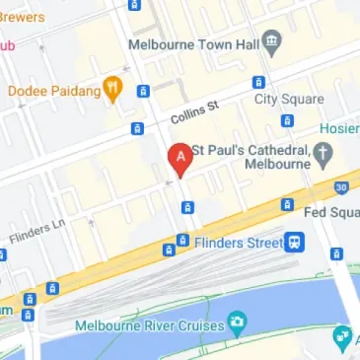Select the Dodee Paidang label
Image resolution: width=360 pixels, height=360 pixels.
[54, 91]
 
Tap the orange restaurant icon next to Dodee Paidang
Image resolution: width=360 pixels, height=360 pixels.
[114, 91]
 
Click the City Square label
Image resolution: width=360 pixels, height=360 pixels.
[289, 99]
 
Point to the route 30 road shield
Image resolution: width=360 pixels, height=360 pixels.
[340, 186]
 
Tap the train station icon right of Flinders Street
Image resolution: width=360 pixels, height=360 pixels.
[294, 241]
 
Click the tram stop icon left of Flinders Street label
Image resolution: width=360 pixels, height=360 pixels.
[182, 240]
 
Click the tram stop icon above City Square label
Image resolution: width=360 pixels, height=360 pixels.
[258, 82]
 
